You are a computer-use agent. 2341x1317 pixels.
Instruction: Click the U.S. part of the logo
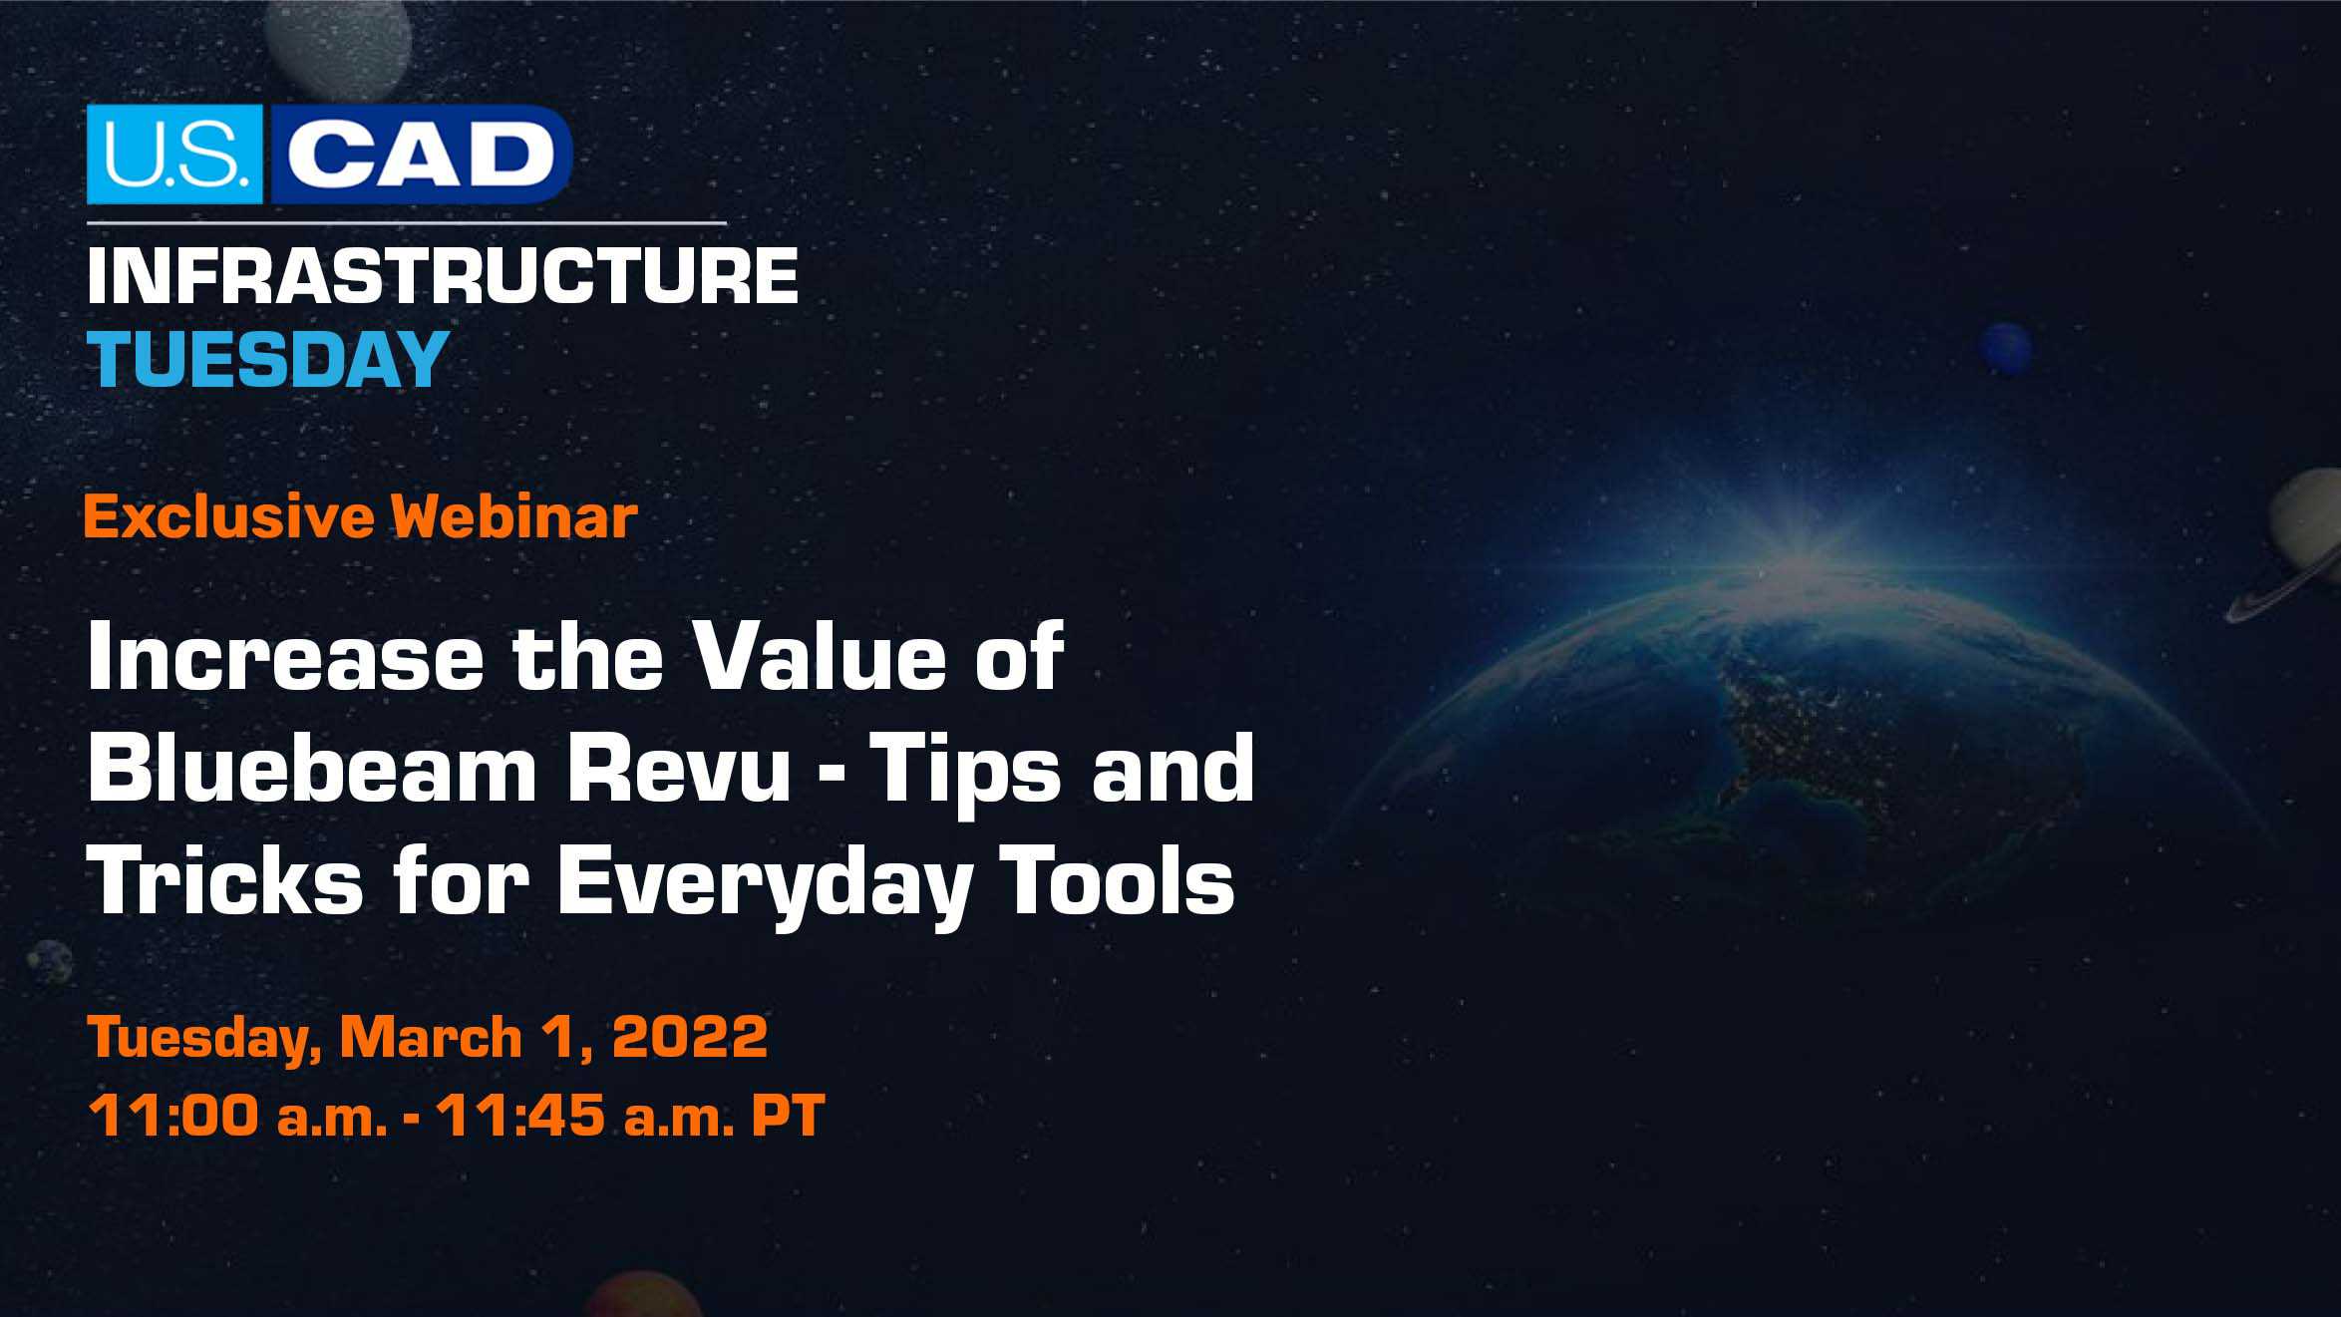(x=174, y=155)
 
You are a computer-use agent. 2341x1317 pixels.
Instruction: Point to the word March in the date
(x=431, y=1037)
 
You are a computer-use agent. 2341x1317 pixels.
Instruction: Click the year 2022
(x=690, y=1037)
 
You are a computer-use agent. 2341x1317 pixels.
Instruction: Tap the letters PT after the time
(x=788, y=1115)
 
